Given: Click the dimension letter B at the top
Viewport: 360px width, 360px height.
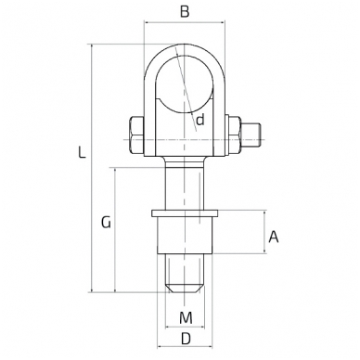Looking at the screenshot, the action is (185, 12).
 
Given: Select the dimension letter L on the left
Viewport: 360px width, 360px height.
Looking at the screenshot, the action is (82, 153).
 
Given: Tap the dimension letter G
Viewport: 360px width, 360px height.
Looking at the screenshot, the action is (106, 223).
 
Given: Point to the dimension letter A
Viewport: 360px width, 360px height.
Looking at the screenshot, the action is (274, 238).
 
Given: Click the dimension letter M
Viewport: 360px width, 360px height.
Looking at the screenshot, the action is (186, 318).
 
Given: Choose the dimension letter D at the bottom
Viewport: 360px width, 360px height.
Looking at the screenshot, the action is (186, 340).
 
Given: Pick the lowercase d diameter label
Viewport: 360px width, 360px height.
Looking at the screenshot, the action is (200, 120).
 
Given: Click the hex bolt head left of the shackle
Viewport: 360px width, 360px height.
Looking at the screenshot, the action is (137, 135).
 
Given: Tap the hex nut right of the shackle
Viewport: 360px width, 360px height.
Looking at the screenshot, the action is (235, 135).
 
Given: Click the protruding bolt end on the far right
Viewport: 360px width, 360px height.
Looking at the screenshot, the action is (251, 135).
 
